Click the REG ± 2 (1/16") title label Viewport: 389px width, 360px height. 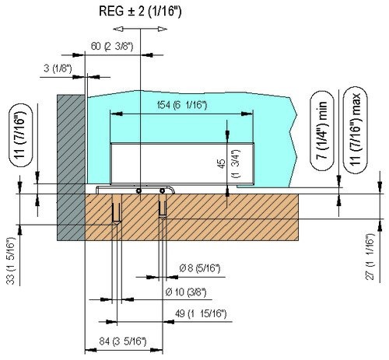point(140,12)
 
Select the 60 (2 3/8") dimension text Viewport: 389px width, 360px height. point(112,47)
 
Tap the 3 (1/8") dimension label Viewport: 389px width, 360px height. point(58,68)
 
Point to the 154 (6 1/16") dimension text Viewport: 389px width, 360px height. point(182,105)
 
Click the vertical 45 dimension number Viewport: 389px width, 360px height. point(222,164)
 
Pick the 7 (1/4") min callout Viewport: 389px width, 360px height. point(322,131)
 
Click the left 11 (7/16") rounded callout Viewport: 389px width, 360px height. point(21,135)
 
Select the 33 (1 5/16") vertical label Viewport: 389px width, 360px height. point(11,260)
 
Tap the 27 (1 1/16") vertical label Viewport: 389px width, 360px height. point(370,257)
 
